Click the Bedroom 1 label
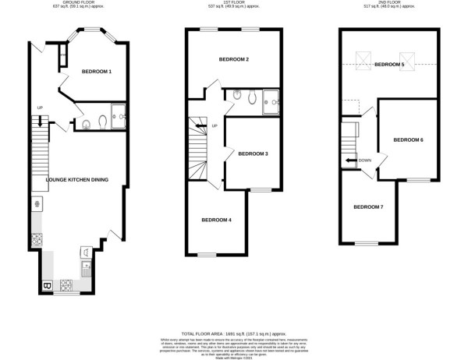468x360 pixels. tap(97, 72)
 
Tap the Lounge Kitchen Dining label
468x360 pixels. tap(77, 180)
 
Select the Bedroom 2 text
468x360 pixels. tap(234, 60)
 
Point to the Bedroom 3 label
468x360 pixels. tap(253, 154)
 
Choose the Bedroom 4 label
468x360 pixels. tap(216, 220)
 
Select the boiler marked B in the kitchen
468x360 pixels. tap(48, 286)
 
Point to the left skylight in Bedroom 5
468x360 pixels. tap(363, 58)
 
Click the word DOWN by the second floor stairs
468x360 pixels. tap(365, 161)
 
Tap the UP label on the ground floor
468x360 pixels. tap(38, 108)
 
